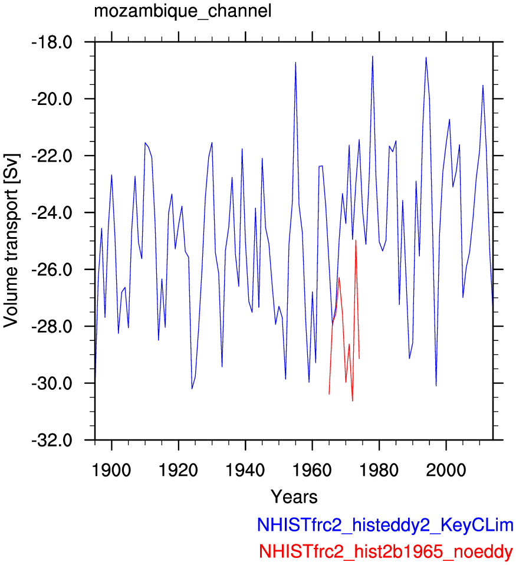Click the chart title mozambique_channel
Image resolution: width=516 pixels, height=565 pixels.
[x=183, y=11]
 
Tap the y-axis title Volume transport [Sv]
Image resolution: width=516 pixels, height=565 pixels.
[x=11, y=241]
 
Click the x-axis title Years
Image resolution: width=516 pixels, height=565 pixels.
[x=294, y=497]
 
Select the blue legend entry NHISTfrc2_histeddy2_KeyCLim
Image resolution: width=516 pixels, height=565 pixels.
[x=385, y=525]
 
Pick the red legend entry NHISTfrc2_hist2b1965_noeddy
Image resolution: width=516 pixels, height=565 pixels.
[x=386, y=551]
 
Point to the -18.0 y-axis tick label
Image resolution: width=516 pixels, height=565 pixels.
[x=52, y=42]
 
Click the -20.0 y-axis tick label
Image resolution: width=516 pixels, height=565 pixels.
[x=52, y=99]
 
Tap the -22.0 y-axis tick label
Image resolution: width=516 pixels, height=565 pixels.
[x=52, y=156]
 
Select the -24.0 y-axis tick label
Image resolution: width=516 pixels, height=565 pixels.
[x=52, y=212]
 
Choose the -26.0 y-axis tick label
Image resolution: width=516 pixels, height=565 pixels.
[x=52, y=270]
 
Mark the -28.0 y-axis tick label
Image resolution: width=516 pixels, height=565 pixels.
[x=52, y=327]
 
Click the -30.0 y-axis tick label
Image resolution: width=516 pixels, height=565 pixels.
[x=52, y=383]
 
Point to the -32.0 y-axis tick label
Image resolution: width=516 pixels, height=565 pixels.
[x=52, y=440]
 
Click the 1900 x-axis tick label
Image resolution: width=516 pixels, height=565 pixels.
[x=111, y=470]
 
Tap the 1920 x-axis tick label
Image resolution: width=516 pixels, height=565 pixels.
[x=178, y=470]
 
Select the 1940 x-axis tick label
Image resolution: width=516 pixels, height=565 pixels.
[x=245, y=470]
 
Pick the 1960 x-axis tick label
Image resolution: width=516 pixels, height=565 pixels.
[x=312, y=470]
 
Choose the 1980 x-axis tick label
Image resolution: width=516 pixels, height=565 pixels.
[x=379, y=470]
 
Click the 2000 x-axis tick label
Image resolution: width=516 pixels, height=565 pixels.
[x=446, y=470]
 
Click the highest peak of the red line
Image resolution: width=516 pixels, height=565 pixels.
[x=356, y=240]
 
